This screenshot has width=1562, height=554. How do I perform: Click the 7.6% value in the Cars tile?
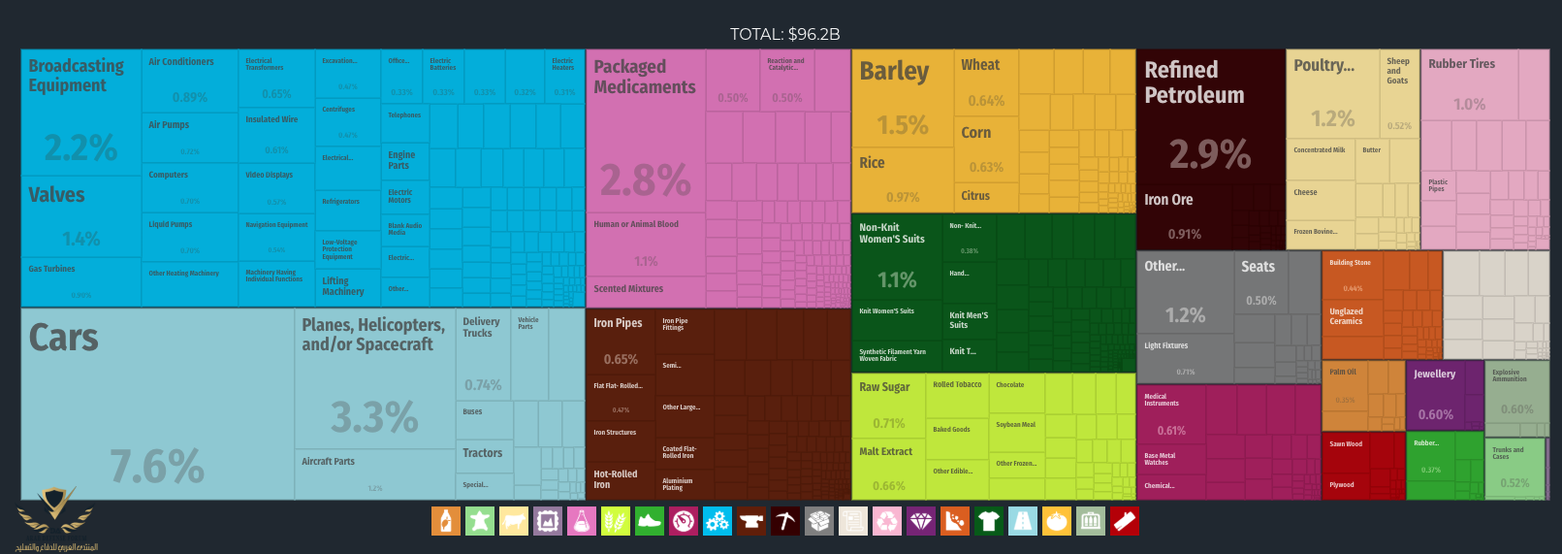pyautogui.click(x=157, y=467)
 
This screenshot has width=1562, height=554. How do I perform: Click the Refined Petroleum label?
pyautogui.click(x=1194, y=82)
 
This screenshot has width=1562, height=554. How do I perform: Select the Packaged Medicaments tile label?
pyautogui.click(x=645, y=77)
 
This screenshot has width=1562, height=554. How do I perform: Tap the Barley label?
pyautogui.click(x=894, y=72)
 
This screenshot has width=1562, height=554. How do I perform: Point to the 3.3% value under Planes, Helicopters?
pyautogui.click(x=374, y=417)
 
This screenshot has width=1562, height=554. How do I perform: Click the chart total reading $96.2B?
pyautogui.click(x=784, y=34)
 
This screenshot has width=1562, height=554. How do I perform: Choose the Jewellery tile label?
pyautogui.click(x=1434, y=374)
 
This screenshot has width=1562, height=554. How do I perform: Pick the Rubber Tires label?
pyautogui.click(x=1461, y=64)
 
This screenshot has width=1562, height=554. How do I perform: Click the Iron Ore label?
pyautogui.click(x=1168, y=200)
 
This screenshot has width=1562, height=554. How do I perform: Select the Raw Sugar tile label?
pyautogui.click(x=884, y=387)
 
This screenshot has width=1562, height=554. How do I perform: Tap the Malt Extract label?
pyautogui.click(x=885, y=451)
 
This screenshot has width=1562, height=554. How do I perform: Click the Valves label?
pyautogui.click(x=56, y=195)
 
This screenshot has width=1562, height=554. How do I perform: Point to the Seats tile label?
pyautogui.click(x=1258, y=267)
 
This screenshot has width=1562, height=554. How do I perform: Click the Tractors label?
pyautogui.click(x=482, y=453)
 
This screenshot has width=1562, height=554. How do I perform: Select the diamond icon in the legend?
pyautogui.click(x=921, y=522)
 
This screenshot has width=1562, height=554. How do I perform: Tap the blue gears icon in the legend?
pyautogui.click(x=717, y=522)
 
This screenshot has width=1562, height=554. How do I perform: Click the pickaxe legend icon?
pyautogui.click(x=785, y=522)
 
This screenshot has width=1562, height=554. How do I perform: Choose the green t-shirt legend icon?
pyautogui.click(x=989, y=522)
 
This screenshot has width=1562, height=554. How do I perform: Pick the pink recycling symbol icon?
pyautogui.click(x=887, y=522)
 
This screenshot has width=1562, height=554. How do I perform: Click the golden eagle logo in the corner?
pyautogui.click(x=55, y=512)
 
